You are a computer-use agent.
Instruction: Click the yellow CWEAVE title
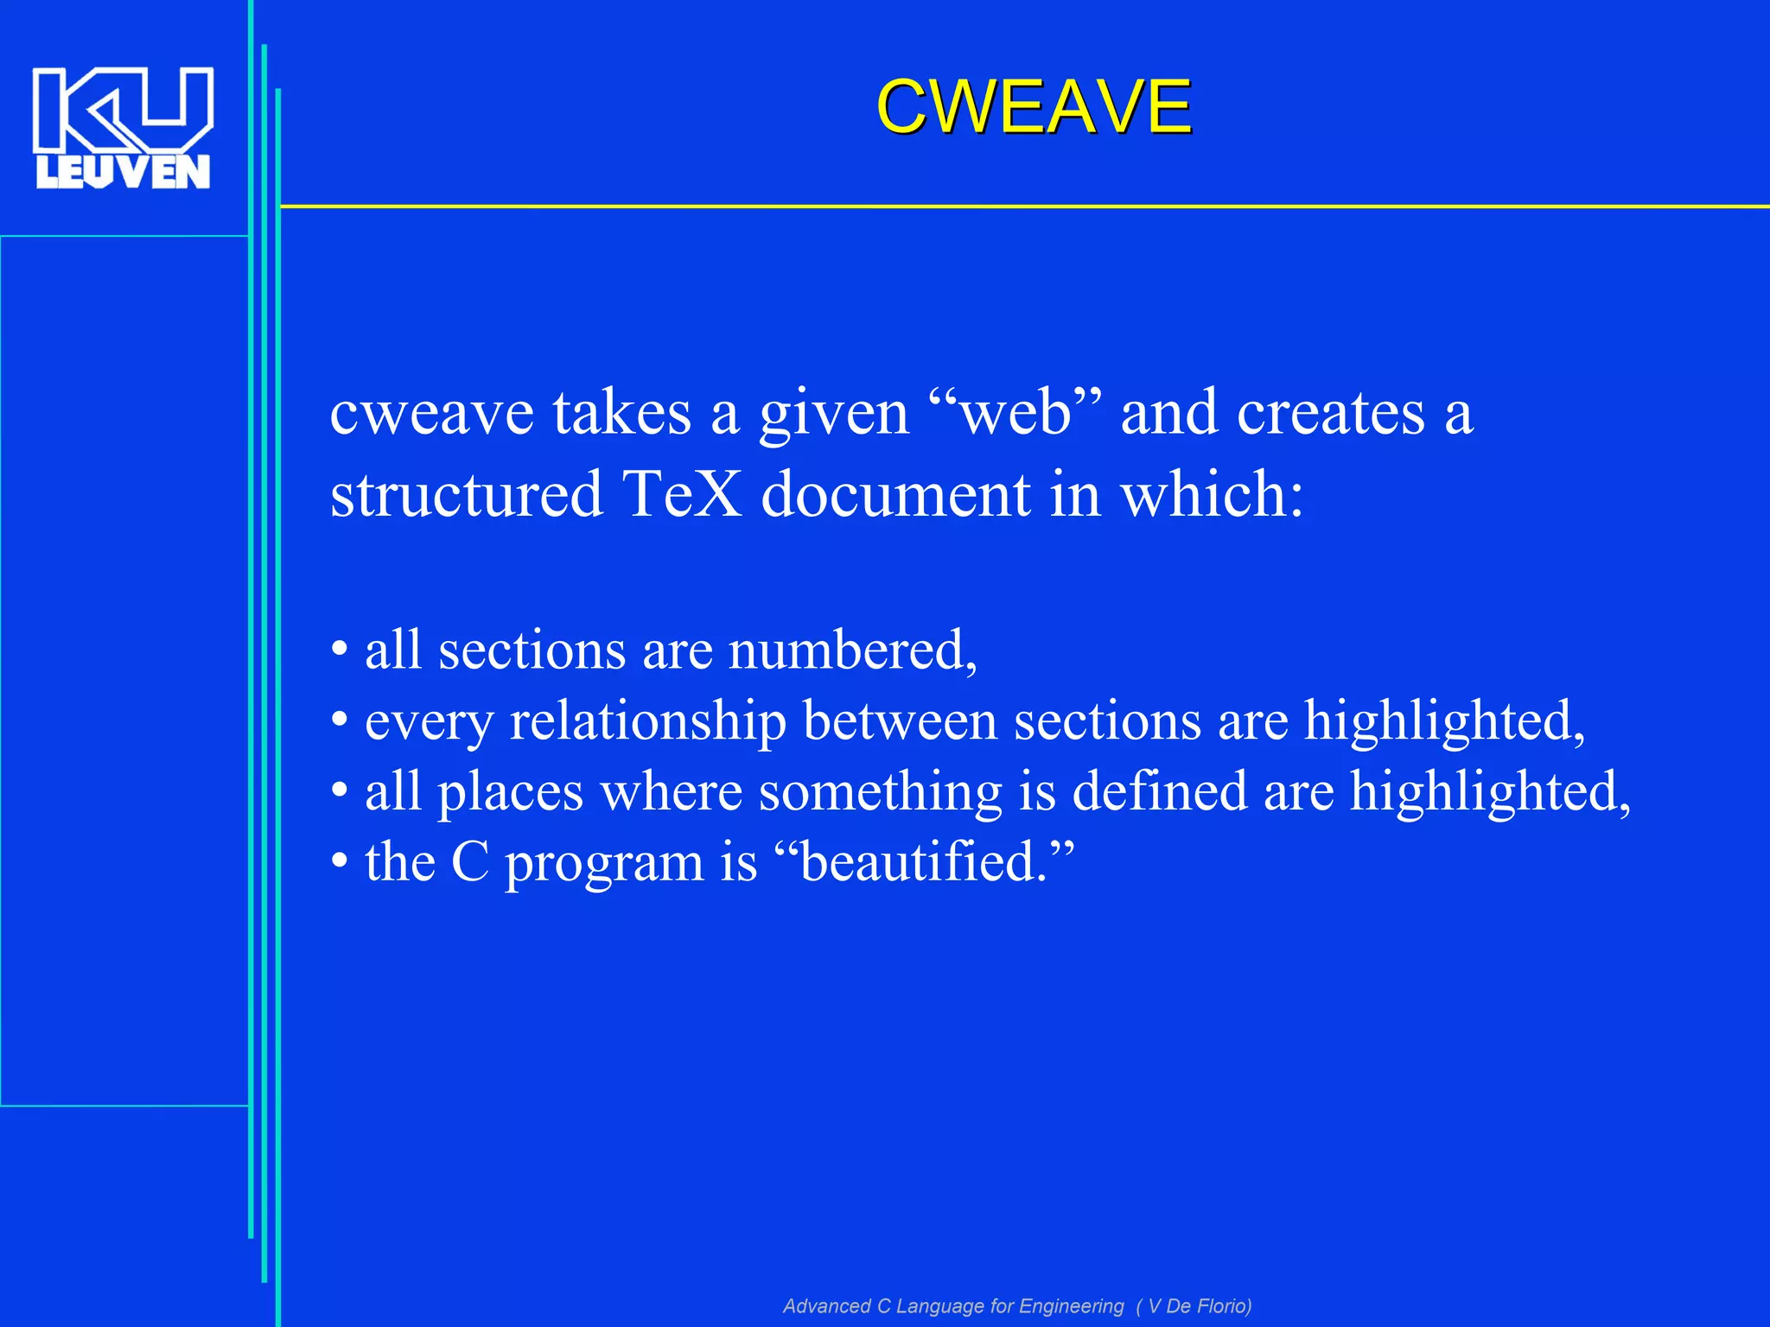point(1034,106)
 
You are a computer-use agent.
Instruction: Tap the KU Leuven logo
point(123,127)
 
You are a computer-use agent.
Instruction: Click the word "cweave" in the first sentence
point(432,413)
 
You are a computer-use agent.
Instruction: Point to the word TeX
point(682,493)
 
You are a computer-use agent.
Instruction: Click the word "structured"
point(466,493)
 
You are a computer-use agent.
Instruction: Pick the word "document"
point(895,493)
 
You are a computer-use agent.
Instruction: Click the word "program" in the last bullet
point(605,863)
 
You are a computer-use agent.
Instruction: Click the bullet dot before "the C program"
point(340,861)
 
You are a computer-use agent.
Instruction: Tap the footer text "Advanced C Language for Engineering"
point(953,1305)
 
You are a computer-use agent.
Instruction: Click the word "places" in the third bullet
point(511,792)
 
